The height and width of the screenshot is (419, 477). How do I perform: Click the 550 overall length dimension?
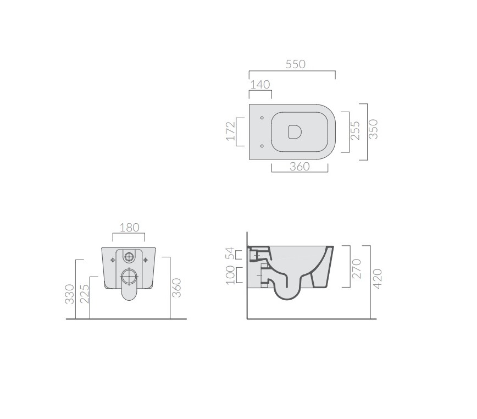click(x=295, y=64)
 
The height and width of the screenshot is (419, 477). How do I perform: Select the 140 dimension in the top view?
click(x=259, y=85)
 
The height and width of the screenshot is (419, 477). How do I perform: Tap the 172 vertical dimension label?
click(x=231, y=132)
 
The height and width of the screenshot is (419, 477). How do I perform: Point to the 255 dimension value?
click(x=356, y=131)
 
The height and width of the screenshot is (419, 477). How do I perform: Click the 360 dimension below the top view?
click(x=299, y=167)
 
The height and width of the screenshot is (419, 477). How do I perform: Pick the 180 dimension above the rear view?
click(x=129, y=227)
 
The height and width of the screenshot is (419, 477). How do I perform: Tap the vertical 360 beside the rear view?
click(x=176, y=288)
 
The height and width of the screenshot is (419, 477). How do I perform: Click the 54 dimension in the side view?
click(x=231, y=253)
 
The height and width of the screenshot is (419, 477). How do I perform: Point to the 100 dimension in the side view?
click(x=231, y=274)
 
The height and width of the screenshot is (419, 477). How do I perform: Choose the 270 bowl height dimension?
click(x=357, y=268)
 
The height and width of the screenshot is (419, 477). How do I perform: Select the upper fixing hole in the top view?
click(x=262, y=118)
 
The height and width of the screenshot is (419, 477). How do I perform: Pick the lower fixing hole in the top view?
click(x=262, y=146)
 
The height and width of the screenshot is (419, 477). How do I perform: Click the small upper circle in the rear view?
click(x=130, y=256)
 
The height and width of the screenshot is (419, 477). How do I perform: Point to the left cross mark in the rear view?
click(x=113, y=258)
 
